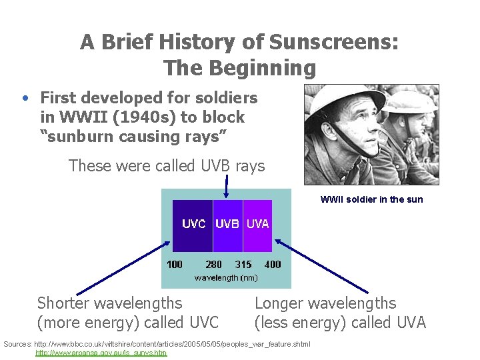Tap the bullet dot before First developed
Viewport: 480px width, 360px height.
[x=24, y=99]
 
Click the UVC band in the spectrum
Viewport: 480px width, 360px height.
[x=193, y=224]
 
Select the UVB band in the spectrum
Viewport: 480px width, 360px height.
[x=227, y=224]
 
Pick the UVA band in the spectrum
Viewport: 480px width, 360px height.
[x=258, y=224]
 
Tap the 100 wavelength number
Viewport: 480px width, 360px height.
[x=175, y=264]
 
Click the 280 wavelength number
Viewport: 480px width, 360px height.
[x=214, y=264]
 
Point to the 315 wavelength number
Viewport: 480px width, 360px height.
[x=243, y=264]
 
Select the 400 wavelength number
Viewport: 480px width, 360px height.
[x=273, y=264]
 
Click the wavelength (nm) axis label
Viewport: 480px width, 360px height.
[x=225, y=277]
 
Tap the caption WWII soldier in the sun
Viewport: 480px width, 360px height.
[x=371, y=199]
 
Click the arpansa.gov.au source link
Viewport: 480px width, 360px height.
[x=101, y=353]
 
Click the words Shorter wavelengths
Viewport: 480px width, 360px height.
[x=109, y=303]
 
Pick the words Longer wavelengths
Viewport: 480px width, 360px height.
[x=325, y=303]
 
